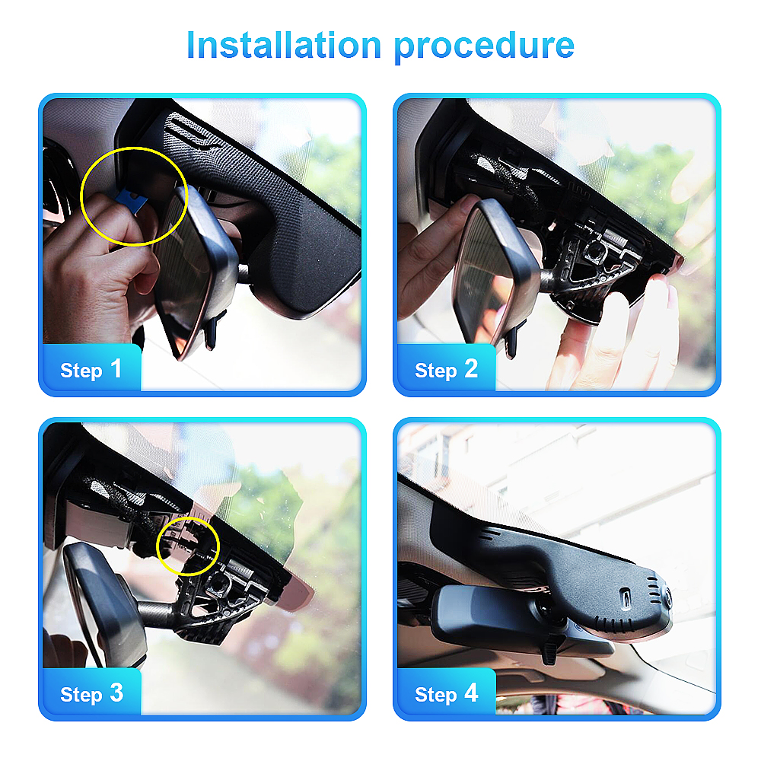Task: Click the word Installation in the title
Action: (x=284, y=45)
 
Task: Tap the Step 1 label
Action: (x=91, y=369)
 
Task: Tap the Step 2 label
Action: (x=446, y=369)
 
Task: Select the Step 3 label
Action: (x=91, y=693)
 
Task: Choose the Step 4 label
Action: (x=446, y=693)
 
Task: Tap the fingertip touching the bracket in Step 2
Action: (x=660, y=286)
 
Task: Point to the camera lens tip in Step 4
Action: (x=668, y=597)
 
